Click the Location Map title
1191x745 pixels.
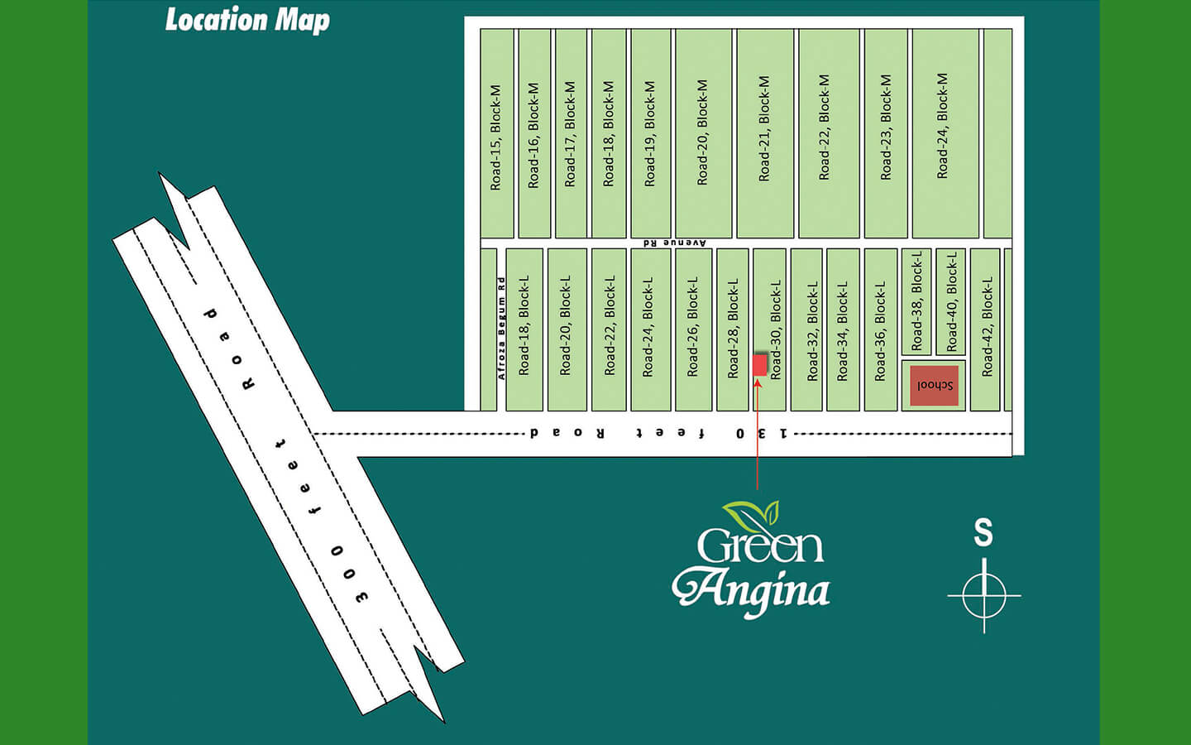[x=247, y=20]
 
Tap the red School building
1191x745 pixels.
[x=934, y=385]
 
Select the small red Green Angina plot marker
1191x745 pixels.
[x=760, y=365]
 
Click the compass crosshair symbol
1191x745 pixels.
[x=983, y=595]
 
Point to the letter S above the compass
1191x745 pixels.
[x=983, y=532]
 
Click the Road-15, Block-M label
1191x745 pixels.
[x=496, y=137]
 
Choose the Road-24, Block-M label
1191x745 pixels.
[x=943, y=126]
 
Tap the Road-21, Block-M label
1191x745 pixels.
[x=764, y=128]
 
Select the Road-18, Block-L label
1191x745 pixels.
[x=524, y=325]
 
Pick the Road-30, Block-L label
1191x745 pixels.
[x=776, y=329]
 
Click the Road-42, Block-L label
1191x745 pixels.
[x=987, y=327]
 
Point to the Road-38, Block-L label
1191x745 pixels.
[x=916, y=301]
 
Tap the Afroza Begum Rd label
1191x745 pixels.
[x=501, y=328]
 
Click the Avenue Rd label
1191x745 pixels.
[x=675, y=243]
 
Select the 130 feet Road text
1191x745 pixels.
[x=658, y=433]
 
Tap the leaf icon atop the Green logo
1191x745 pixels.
[x=751, y=516]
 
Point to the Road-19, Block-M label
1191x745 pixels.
[x=650, y=133]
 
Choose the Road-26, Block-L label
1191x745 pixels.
[x=693, y=326]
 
